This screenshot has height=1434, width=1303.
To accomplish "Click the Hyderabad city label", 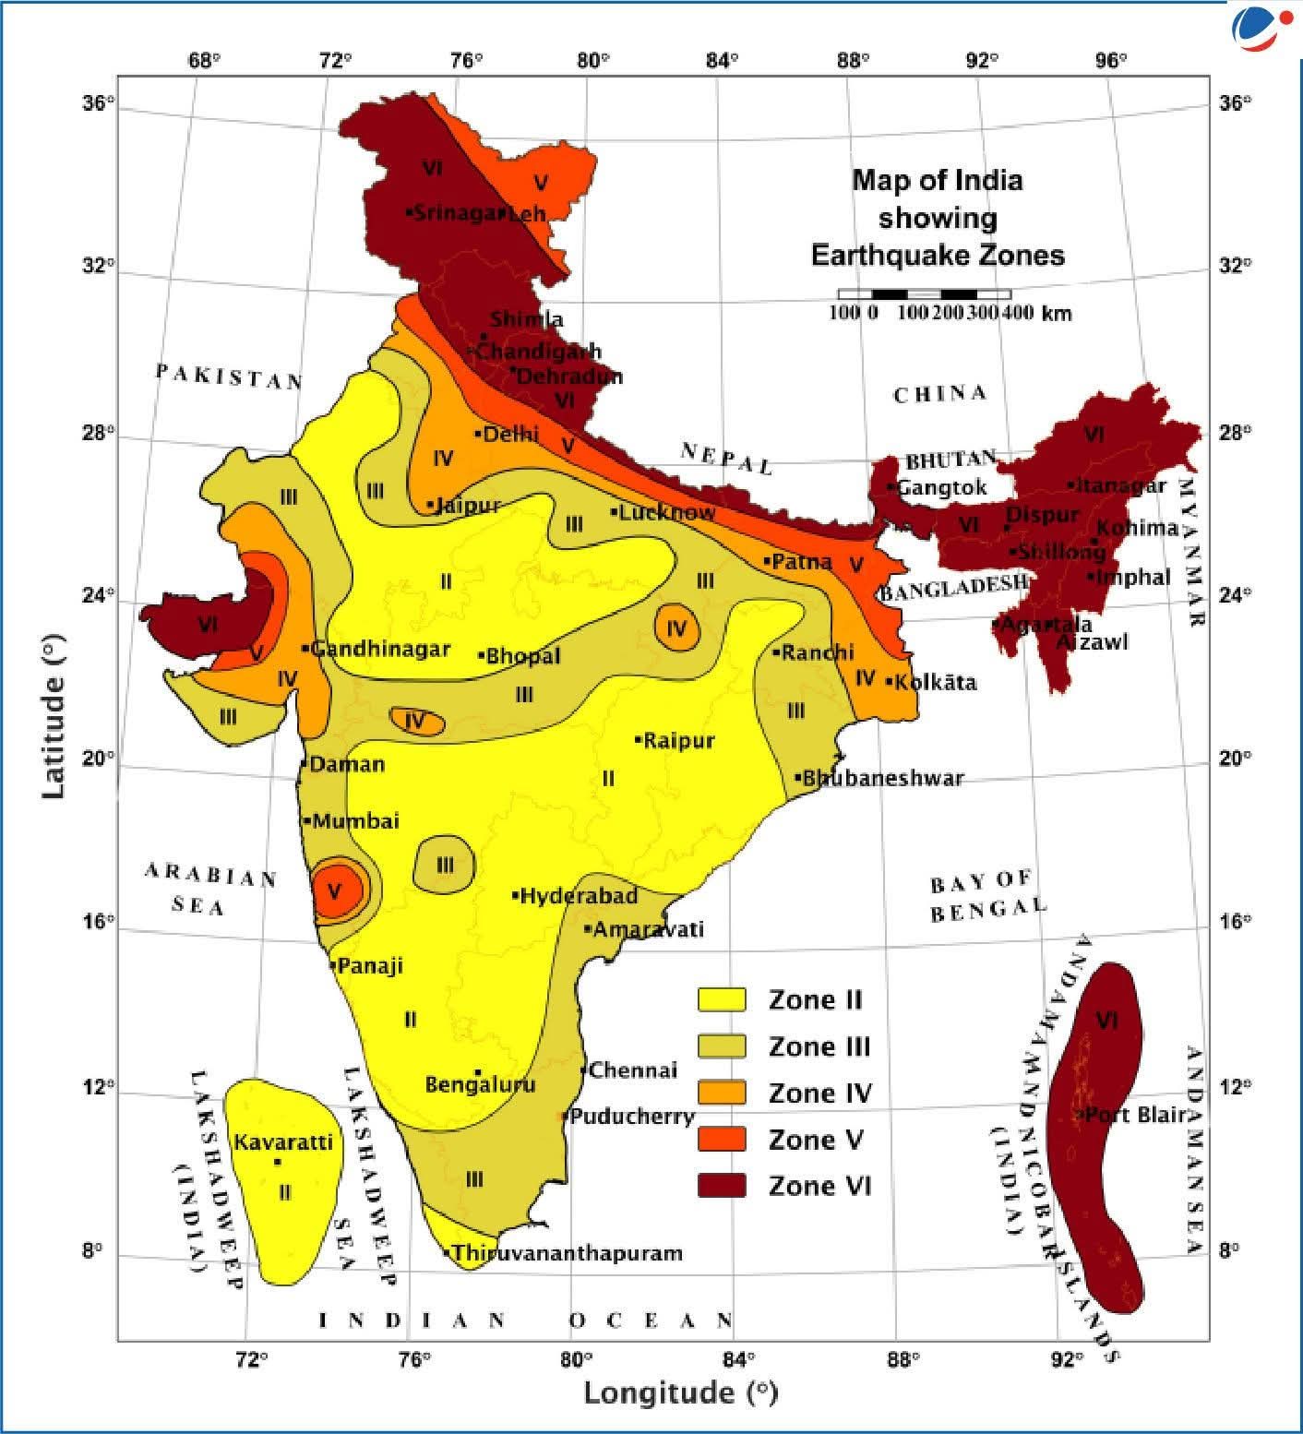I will click(578, 896).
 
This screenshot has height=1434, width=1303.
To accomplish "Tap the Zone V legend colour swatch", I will click(721, 1140).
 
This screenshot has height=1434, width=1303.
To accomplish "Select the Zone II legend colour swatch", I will click(721, 1000).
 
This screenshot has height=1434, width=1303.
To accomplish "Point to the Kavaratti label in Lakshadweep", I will click(282, 1142).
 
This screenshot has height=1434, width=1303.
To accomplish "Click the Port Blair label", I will click(1134, 1115).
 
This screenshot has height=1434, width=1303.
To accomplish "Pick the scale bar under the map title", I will click(924, 294).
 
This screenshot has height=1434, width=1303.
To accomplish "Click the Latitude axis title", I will click(54, 715).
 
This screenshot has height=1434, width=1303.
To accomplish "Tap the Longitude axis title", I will click(680, 1392).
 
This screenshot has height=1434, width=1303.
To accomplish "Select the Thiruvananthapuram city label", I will click(567, 1253).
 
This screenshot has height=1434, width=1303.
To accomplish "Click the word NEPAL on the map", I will click(726, 458).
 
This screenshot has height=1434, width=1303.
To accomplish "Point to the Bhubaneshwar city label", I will click(882, 778).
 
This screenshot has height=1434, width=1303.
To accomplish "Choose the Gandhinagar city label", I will click(379, 649).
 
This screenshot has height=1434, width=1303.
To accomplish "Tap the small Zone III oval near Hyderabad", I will click(445, 865).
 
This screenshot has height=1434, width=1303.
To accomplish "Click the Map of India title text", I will click(938, 218).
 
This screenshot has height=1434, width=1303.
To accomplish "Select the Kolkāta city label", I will click(935, 683).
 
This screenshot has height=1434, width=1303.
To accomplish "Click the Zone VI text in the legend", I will click(819, 1186).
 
